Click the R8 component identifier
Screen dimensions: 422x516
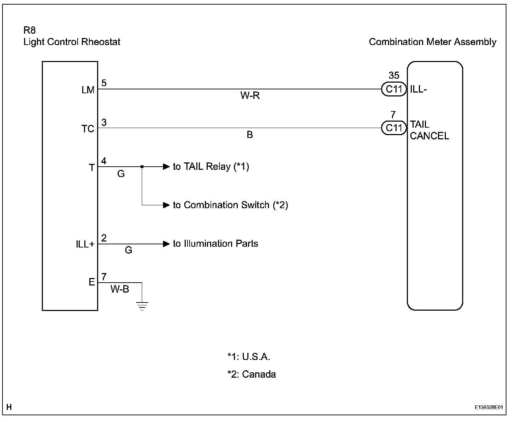(30, 30)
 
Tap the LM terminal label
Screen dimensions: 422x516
(88, 90)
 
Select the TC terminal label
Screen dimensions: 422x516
(88, 129)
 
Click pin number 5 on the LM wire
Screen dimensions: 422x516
(104, 83)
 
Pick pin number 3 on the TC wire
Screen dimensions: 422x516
(104, 122)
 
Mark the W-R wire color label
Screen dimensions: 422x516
(250, 96)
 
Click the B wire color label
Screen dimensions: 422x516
(250, 135)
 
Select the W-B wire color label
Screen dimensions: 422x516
(120, 289)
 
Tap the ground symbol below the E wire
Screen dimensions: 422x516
(142, 306)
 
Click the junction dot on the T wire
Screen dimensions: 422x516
(142, 167)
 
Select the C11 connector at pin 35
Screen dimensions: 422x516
(394, 89)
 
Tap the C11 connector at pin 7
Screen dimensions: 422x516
(394, 128)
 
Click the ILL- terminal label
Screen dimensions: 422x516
(419, 89)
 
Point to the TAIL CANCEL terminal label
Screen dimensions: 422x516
(429, 130)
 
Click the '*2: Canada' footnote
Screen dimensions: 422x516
(252, 374)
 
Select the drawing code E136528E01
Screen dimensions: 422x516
(489, 408)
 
